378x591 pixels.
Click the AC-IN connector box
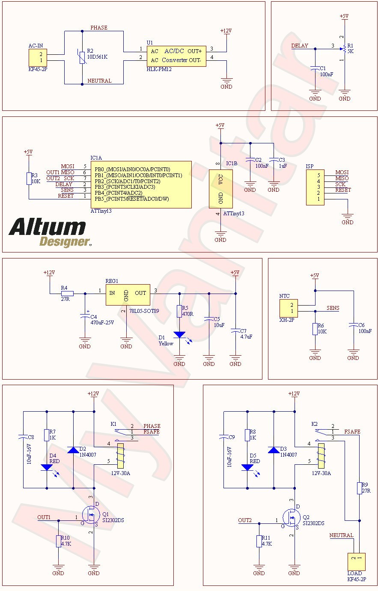(38, 57)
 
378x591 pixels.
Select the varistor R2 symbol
(82, 57)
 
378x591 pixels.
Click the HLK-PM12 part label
(159, 69)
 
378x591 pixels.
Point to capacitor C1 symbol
(315, 68)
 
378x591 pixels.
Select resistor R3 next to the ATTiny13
(29, 178)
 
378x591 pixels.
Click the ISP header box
(315, 187)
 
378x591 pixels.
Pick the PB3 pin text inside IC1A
(125, 187)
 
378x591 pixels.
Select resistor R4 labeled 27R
(67, 294)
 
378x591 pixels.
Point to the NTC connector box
(288, 308)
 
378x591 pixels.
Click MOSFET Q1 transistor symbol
(90, 515)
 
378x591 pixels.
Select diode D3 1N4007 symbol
(274, 450)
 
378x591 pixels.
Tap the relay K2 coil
(321, 455)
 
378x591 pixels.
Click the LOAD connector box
(356, 561)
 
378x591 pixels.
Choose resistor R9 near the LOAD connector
(360, 488)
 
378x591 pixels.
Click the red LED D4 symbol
(46, 468)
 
